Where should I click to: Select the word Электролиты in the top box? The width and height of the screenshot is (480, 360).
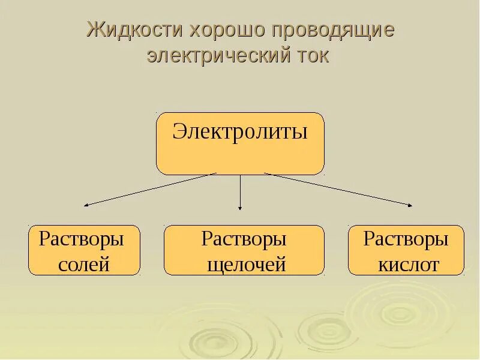240,131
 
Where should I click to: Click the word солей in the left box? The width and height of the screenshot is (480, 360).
84,264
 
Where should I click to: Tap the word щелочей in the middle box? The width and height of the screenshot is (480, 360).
245,265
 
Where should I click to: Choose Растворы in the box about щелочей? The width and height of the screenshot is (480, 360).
244,239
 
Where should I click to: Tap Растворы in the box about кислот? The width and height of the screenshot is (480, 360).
406,239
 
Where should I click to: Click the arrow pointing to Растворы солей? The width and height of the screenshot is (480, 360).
150,190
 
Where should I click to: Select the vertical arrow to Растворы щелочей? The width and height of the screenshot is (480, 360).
240,192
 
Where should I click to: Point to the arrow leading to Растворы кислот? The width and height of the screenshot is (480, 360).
338,190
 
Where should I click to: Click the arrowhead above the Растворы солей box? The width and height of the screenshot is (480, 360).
86,205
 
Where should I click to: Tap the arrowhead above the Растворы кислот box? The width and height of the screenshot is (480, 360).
410,205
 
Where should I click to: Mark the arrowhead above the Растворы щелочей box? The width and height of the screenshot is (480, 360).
240,208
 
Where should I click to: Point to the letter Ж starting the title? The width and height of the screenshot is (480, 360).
95,30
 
